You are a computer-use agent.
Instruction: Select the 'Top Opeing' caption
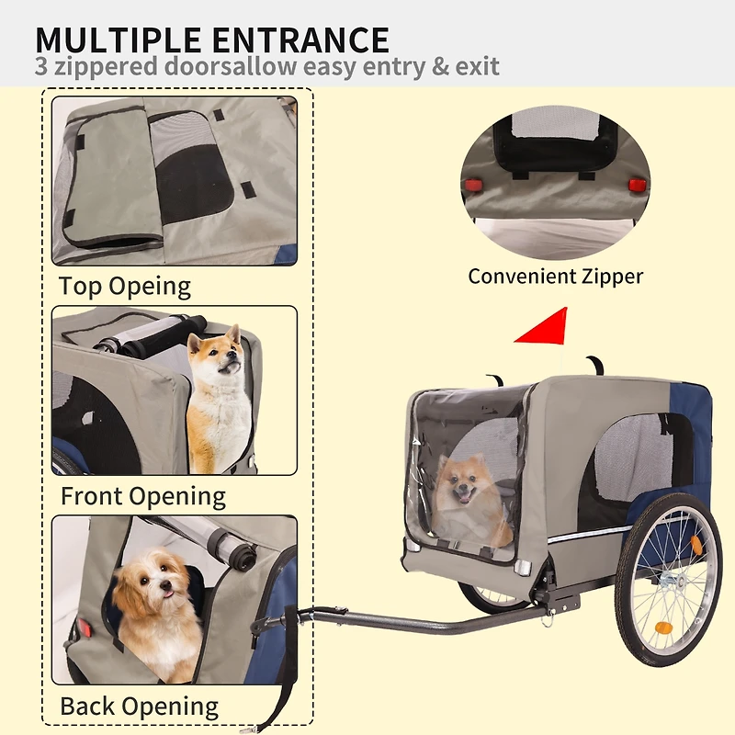125,286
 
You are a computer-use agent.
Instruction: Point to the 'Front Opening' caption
142,496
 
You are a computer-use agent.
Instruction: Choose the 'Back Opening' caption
139,707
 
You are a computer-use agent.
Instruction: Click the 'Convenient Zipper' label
555,276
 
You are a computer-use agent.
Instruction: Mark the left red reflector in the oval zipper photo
475,185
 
